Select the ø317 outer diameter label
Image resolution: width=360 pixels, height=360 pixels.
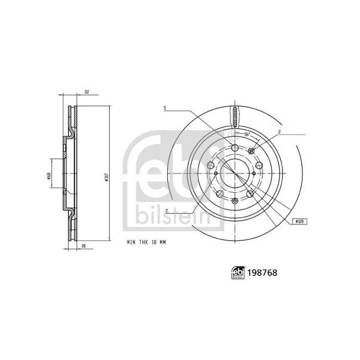[105, 177]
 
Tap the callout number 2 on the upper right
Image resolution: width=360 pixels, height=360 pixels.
[280, 132]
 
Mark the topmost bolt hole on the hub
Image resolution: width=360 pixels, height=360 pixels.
[235, 147]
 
